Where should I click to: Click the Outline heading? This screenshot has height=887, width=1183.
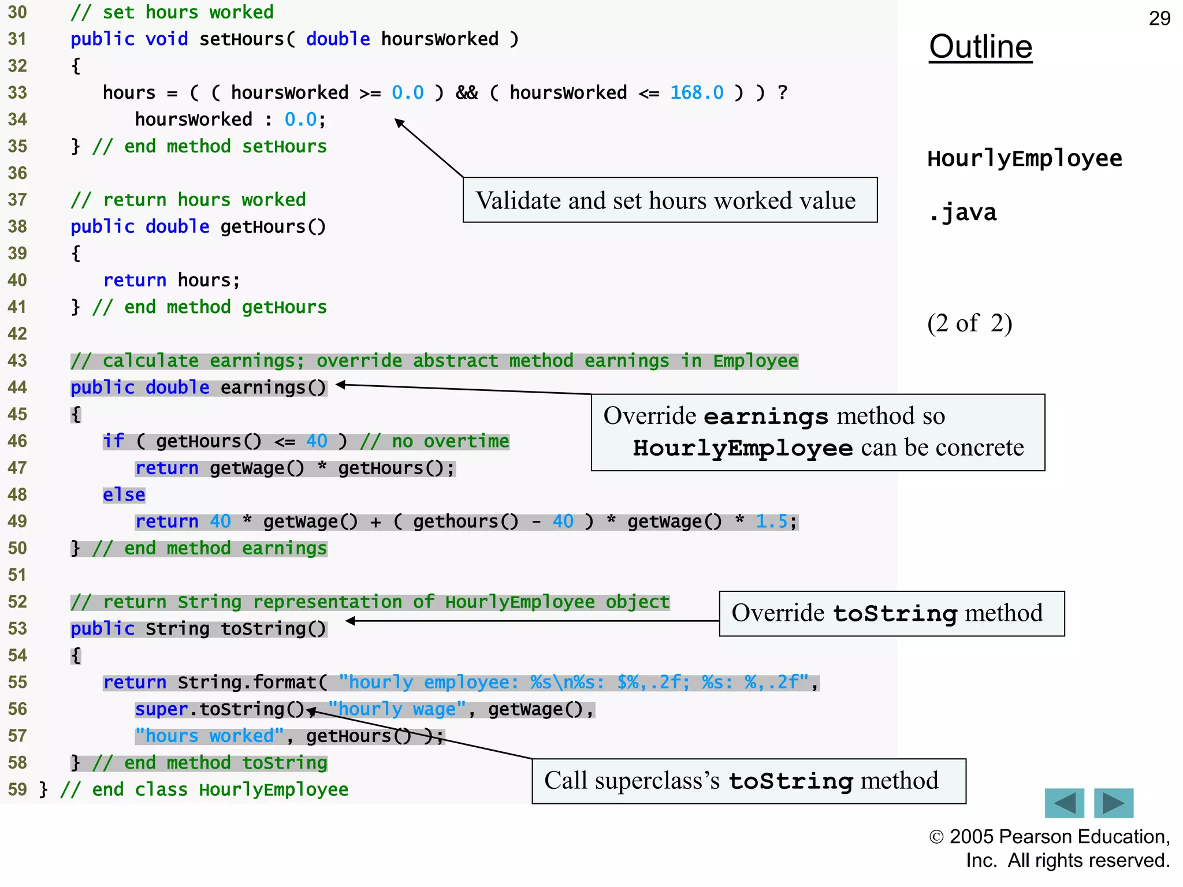pos(980,47)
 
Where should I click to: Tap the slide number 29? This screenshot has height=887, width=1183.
pos(1159,18)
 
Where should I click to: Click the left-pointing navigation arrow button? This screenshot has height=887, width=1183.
pos(1064,803)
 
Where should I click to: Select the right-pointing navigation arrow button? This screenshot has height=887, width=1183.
pos(1114,803)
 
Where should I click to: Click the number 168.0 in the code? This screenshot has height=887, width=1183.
pos(697,92)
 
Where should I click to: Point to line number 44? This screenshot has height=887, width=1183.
pos(17,387)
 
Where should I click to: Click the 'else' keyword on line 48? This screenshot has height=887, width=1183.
pos(124,495)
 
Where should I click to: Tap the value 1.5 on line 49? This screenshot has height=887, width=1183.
pos(771,521)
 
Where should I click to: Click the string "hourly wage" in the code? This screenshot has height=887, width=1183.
pos(397,709)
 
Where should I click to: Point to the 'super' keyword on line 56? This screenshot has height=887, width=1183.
pos(161,709)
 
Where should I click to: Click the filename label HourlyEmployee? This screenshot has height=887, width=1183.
pos(1024,159)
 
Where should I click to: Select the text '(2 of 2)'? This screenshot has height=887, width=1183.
pos(969,323)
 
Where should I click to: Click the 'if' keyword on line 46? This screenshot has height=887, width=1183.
pos(114,441)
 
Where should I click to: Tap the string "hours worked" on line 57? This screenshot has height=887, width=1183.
pos(210,736)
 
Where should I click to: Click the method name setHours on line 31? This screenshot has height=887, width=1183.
pos(241,39)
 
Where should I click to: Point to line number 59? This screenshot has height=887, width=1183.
pos(17,789)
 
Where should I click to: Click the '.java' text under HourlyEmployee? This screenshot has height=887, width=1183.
pos(962,213)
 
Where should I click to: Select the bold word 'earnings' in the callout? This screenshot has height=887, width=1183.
pos(766,416)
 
